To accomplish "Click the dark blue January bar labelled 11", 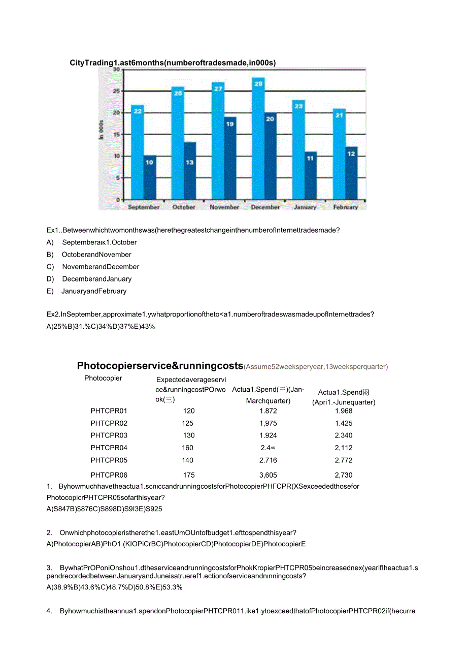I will (x=311, y=175).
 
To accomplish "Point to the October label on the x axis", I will (x=184, y=207).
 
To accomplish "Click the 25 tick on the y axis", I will (x=116, y=91).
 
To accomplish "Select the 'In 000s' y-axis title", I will (x=102, y=130).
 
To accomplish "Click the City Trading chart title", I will (x=173, y=63).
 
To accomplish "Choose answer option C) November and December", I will (x=101, y=267).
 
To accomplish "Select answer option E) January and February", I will (x=94, y=291).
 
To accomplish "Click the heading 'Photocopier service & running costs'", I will (x=160, y=366).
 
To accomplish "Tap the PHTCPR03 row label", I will (x=109, y=435).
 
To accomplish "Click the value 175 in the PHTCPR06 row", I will (x=189, y=475).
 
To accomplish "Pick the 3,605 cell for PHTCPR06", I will (x=268, y=475).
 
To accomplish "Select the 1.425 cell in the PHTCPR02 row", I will (x=344, y=423).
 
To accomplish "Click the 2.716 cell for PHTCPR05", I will (x=268, y=460).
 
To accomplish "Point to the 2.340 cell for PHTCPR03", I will (x=344, y=435).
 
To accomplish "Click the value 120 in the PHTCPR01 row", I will (x=189, y=411).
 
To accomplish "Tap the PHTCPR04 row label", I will (x=109, y=448).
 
